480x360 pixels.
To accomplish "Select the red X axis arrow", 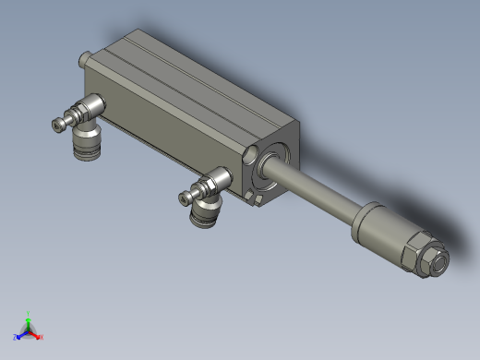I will pyautogui.click(x=38, y=334).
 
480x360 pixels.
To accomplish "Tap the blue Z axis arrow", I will pyautogui.click(x=21, y=334).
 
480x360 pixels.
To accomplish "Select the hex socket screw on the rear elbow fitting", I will pyautogui.click(x=61, y=121).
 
